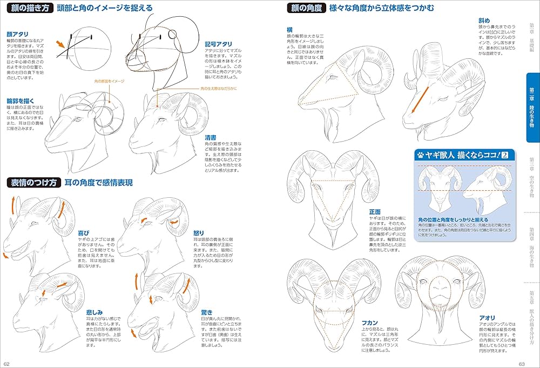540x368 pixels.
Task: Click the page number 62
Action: pyautogui.click(x=6, y=363)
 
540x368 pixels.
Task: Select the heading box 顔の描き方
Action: pyautogui.click(x=30, y=8)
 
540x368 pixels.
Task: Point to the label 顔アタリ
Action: pyautogui.click(x=17, y=34)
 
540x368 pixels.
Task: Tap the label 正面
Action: pyautogui.click(x=375, y=212)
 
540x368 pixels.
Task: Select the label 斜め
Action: pyautogui.click(x=484, y=20)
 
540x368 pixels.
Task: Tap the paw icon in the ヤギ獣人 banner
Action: pyautogui.click(x=421, y=155)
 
